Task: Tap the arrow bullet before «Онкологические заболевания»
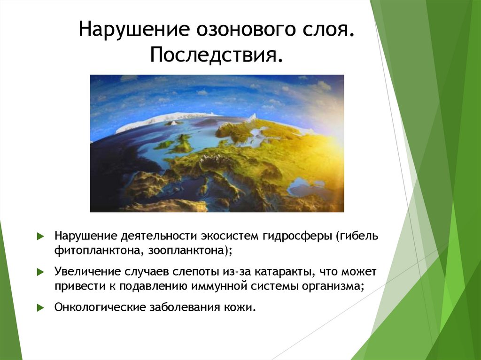coord(40,308)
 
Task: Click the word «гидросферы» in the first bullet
coord(298,235)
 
